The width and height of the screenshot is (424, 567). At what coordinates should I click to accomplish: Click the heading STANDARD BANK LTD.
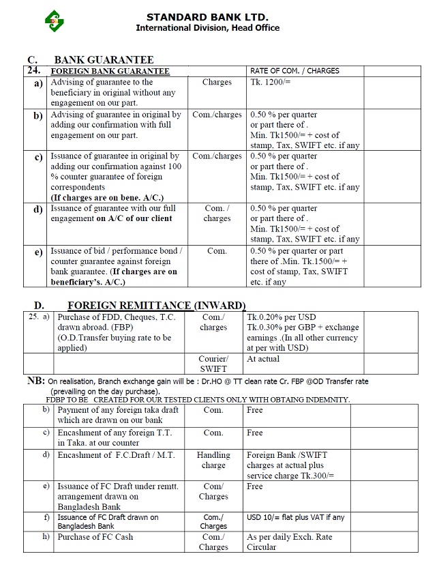coord(207,16)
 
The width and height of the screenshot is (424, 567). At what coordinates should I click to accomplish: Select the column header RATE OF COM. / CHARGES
coord(294,70)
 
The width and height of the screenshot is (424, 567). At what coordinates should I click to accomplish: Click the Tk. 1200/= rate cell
coord(271,82)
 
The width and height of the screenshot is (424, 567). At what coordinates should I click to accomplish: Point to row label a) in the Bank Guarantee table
coord(37,83)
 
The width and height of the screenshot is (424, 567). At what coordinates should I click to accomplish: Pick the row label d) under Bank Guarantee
coord(37,209)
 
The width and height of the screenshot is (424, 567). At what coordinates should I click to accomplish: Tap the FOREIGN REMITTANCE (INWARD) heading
coord(156,305)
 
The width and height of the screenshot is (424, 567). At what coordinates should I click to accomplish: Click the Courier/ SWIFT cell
coord(213,364)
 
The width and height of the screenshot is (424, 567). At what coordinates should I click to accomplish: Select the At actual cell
coord(263,358)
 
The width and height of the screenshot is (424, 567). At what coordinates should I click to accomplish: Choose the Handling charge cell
coord(213,460)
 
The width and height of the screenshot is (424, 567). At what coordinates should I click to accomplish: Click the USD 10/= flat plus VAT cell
coord(295,517)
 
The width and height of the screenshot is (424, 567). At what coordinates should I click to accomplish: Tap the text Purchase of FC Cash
coord(95,537)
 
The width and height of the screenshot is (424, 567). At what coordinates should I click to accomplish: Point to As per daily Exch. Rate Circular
coord(290,542)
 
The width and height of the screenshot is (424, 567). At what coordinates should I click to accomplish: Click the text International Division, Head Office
coord(207,28)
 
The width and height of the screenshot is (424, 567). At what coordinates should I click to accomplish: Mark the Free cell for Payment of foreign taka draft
coord(255,410)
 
